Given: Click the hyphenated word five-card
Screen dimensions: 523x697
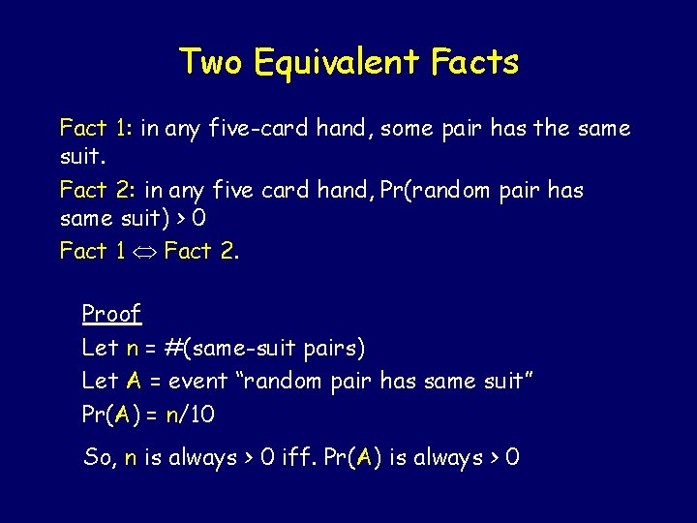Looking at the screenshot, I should pyautogui.click(x=258, y=129).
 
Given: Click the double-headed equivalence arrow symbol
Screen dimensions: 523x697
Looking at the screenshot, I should pyautogui.click(x=144, y=252).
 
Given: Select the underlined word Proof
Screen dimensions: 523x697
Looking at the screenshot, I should pyautogui.click(x=111, y=314).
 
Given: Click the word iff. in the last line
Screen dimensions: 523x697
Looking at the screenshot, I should pyautogui.click(x=308, y=457).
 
